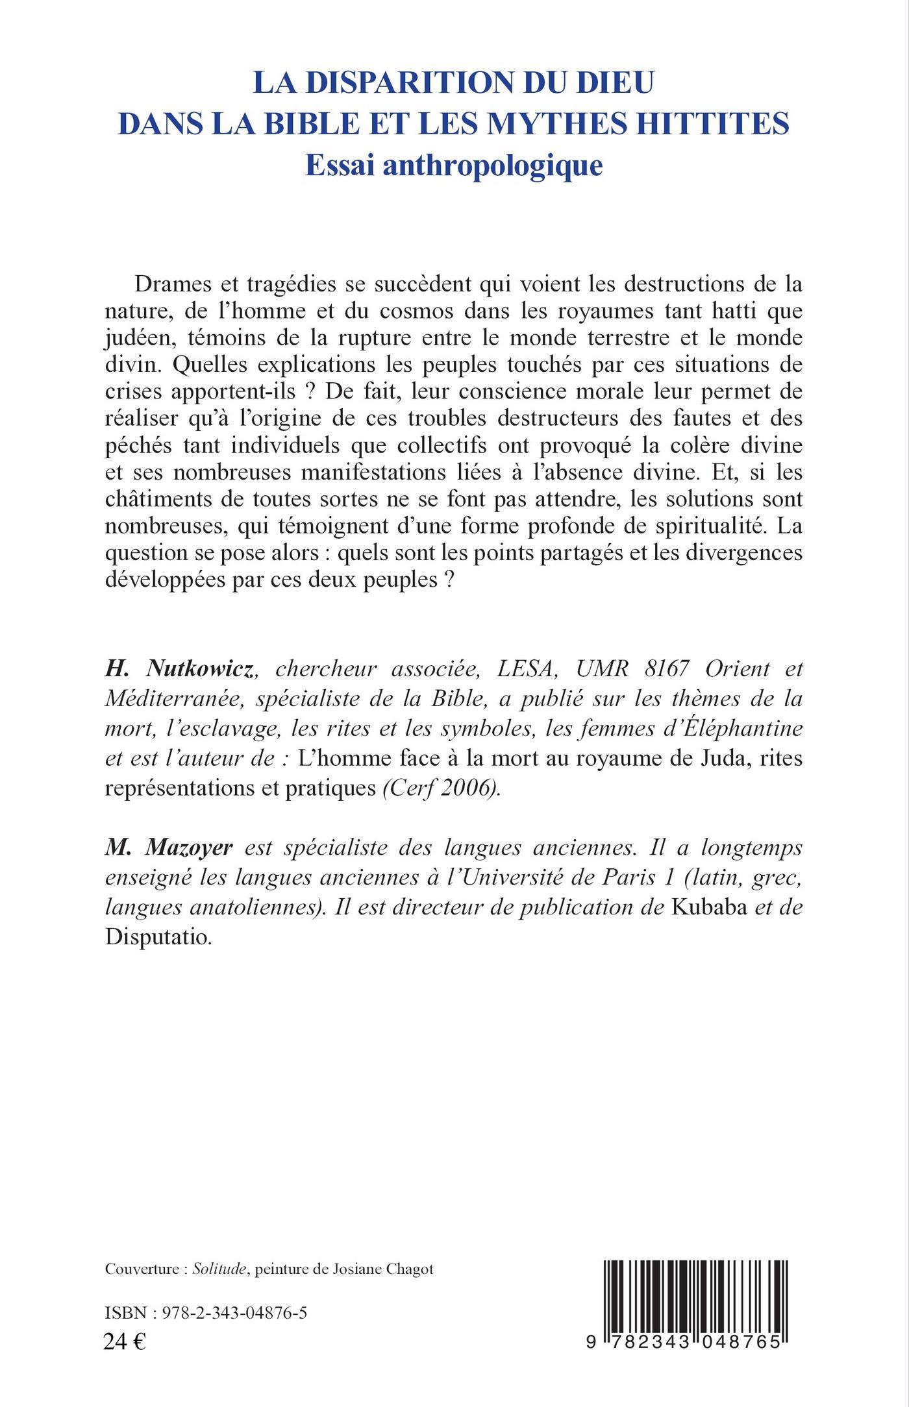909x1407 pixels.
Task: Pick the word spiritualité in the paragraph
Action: [x=708, y=526]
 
